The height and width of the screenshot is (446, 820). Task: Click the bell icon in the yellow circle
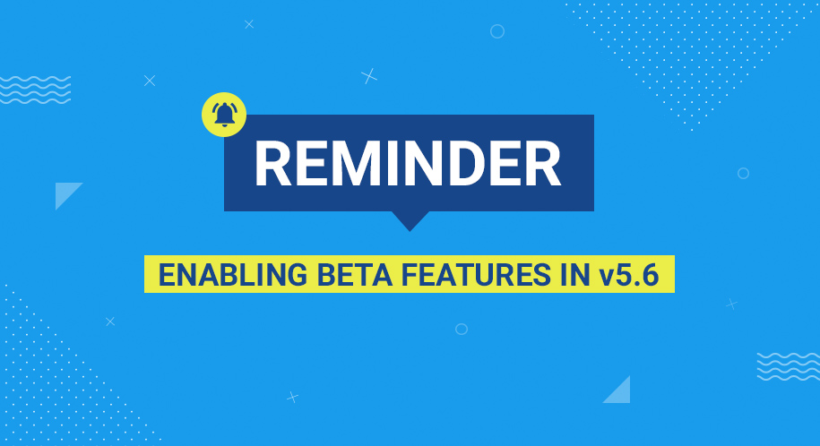tap(224, 114)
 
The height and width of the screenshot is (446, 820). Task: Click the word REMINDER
tap(408, 164)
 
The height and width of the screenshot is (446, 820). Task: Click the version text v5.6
tap(629, 275)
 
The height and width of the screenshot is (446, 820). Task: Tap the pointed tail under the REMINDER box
tap(410, 221)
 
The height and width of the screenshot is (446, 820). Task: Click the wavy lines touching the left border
tap(35, 90)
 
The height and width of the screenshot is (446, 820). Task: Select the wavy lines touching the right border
tap(788, 366)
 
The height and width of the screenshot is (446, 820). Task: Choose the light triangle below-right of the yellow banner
tap(619, 391)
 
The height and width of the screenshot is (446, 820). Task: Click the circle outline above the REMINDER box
tap(497, 31)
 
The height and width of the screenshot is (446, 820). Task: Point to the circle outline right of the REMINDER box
tap(743, 173)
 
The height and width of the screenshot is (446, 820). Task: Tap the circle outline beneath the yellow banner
tap(462, 329)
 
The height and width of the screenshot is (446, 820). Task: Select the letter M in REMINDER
tap(354, 164)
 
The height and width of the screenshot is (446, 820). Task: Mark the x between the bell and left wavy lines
tap(150, 81)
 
